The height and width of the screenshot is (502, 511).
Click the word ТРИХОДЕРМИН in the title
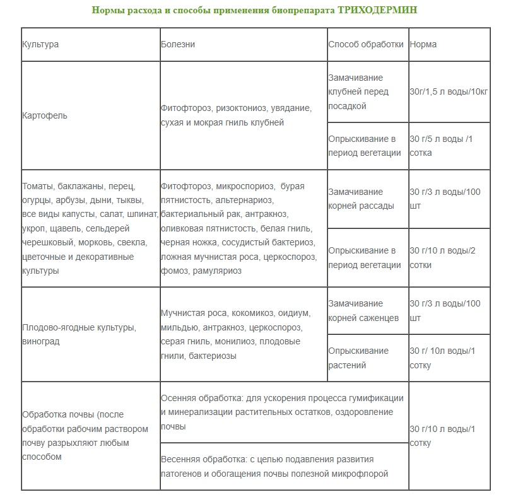click(377, 11)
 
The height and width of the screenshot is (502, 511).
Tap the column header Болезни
click(178, 45)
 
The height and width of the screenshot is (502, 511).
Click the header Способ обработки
click(366, 45)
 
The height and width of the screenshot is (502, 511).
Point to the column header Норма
click(423, 45)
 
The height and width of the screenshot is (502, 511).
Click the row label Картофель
click(45, 115)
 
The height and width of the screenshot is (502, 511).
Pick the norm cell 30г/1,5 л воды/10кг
click(449, 91)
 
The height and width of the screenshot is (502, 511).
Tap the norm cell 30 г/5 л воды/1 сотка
click(441, 146)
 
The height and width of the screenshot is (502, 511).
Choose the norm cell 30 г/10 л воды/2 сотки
click(443, 257)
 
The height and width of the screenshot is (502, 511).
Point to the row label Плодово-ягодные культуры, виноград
click(79, 334)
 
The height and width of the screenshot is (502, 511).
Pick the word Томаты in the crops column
click(37, 187)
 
